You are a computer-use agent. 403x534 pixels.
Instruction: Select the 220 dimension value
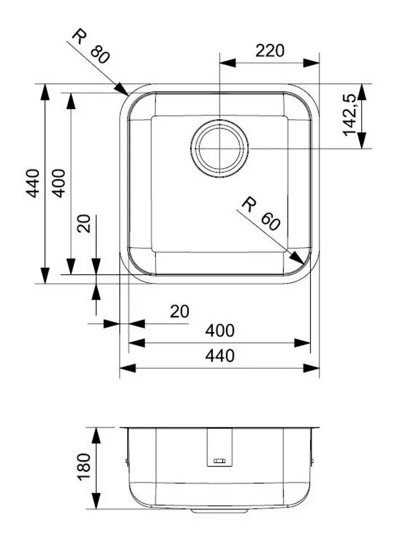(270, 51)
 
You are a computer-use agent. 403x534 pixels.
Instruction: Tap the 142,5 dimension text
(349, 115)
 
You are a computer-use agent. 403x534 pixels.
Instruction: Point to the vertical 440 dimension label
(33, 183)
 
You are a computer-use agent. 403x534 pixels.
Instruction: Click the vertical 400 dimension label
(59, 183)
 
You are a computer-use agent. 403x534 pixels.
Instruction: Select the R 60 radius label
(260, 214)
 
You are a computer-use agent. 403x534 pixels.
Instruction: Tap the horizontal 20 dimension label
(179, 311)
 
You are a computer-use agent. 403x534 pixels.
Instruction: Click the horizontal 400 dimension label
(219, 331)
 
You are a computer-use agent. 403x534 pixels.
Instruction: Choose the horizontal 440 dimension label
(219, 355)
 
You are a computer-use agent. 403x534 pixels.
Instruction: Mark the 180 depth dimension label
(84, 466)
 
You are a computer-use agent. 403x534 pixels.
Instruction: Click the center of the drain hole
(219, 147)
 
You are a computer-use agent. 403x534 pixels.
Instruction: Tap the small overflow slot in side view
(219, 461)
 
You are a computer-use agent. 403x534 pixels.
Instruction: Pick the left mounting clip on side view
(126, 461)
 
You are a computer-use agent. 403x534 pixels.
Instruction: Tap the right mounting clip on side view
(312, 461)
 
